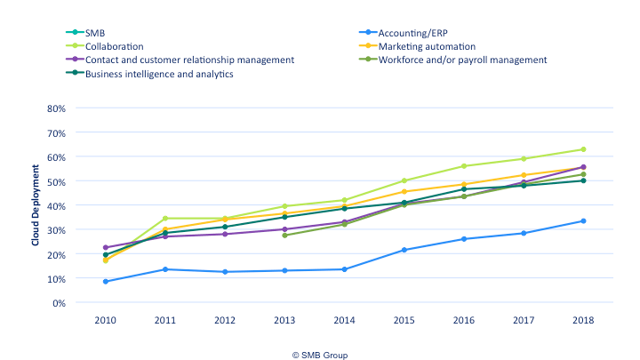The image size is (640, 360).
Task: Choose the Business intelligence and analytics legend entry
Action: pos(159,74)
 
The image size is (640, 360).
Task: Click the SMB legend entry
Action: pos(95,31)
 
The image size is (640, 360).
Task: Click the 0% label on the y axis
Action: pos(58,303)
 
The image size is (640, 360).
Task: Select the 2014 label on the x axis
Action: pos(343,319)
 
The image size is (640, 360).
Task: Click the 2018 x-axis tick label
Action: pos(583,319)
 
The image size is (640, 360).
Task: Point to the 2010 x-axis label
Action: pos(106,319)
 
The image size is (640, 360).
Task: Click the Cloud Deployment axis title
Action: pos(36,205)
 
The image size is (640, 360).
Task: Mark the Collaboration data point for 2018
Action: pos(583,149)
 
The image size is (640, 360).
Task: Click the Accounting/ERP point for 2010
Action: pos(106,282)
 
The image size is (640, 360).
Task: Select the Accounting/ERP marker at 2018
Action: pos(583,221)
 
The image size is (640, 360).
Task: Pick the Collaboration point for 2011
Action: pos(165,219)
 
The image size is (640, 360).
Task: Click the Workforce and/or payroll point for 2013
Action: pos(284,236)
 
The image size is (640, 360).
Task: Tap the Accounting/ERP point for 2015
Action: pos(404,250)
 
